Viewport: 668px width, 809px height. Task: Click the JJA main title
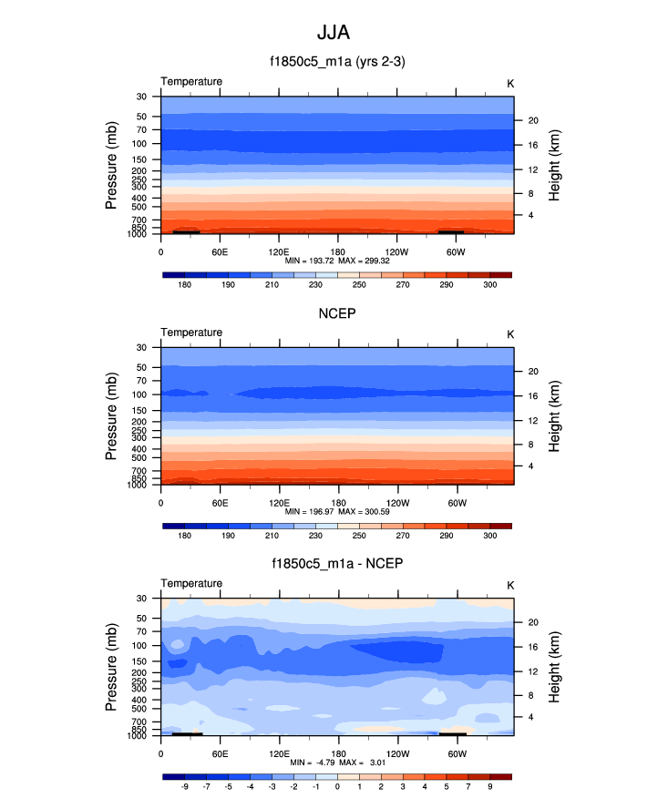click(x=333, y=33)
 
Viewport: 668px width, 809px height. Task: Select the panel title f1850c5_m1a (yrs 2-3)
click(x=336, y=63)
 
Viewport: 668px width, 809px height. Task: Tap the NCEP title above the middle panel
click(x=336, y=313)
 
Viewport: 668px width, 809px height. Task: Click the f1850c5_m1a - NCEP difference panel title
click(x=336, y=564)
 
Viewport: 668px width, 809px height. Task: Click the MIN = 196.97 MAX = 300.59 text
click(x=336, y=511)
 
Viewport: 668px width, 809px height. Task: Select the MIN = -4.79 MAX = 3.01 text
click(x=336, y=762)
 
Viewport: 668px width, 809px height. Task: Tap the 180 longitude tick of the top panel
click(x=337, y=251)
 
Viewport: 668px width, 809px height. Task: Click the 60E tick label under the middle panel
click(x=220, y=502)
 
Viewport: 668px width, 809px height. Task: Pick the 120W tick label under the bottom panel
click(x=396, y=753)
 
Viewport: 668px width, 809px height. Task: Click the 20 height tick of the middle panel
click(x=530, y=371)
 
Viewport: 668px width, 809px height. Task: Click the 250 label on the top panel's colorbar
click(x=359, y=285)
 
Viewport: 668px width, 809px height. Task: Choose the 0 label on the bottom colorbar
click(x=337, y=786)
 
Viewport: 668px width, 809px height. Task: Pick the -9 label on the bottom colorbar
click(x=184, y=786)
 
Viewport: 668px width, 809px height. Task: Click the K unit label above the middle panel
click(x=510, y=333)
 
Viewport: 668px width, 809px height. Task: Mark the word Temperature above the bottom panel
click(x=191, y=583)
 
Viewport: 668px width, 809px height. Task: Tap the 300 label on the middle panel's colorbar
click(x=490, y=536)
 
